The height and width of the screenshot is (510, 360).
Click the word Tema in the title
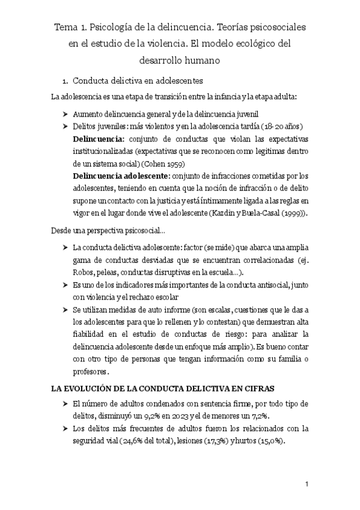(x=66, y=28)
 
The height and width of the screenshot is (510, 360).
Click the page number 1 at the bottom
(x=307, y=484)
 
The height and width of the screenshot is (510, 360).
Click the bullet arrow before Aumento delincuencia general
(x=65, y=114)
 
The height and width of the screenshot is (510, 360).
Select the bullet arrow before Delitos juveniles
(x=65, y=126)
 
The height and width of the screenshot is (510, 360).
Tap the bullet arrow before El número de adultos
(x=65, y=403)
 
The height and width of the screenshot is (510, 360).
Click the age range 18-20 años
(x=282, y=126)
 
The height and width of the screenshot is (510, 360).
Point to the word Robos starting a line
(x=84, y=272)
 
